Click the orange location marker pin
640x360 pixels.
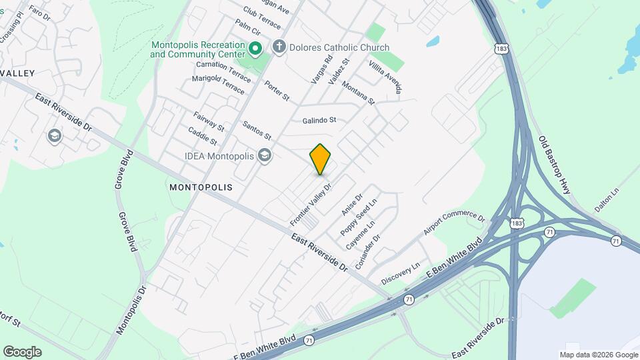(x=321, y=159)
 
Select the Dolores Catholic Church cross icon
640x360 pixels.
(x=279, y=47)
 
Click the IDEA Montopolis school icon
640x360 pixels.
(x=265, y=156)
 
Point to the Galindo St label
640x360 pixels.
(x=319, y=121)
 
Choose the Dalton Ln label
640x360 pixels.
(x=607, y=199)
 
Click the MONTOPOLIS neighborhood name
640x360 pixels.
(x=201, y=187)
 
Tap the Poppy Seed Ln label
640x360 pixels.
(x=359, y=216)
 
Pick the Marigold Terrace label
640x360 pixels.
(x=219, y=87)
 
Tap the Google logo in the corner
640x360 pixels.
(x=22, y=351)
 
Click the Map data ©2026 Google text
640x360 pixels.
(x=598, y=355)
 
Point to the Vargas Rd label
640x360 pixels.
(x=321, y=69)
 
